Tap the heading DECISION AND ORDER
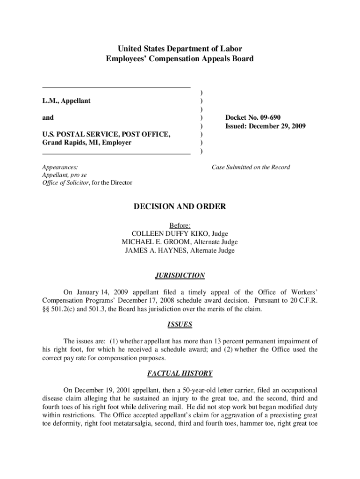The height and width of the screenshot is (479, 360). coord(180,206)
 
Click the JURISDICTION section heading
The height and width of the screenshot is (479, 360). coord(180,276)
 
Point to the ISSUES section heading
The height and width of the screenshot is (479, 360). coord(180,324)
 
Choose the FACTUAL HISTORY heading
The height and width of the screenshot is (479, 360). coord(180,373)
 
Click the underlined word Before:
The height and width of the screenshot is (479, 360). coord(180,225)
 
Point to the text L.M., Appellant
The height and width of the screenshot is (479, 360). coord(66,101)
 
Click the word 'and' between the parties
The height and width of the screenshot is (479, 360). coord(48,117)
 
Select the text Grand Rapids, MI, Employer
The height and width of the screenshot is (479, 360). coord(86,143)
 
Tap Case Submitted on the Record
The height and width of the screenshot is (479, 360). coord(251,167)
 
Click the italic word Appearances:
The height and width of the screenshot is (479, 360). coord(60,167)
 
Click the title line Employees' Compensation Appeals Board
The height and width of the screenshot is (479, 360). coord(180,59)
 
